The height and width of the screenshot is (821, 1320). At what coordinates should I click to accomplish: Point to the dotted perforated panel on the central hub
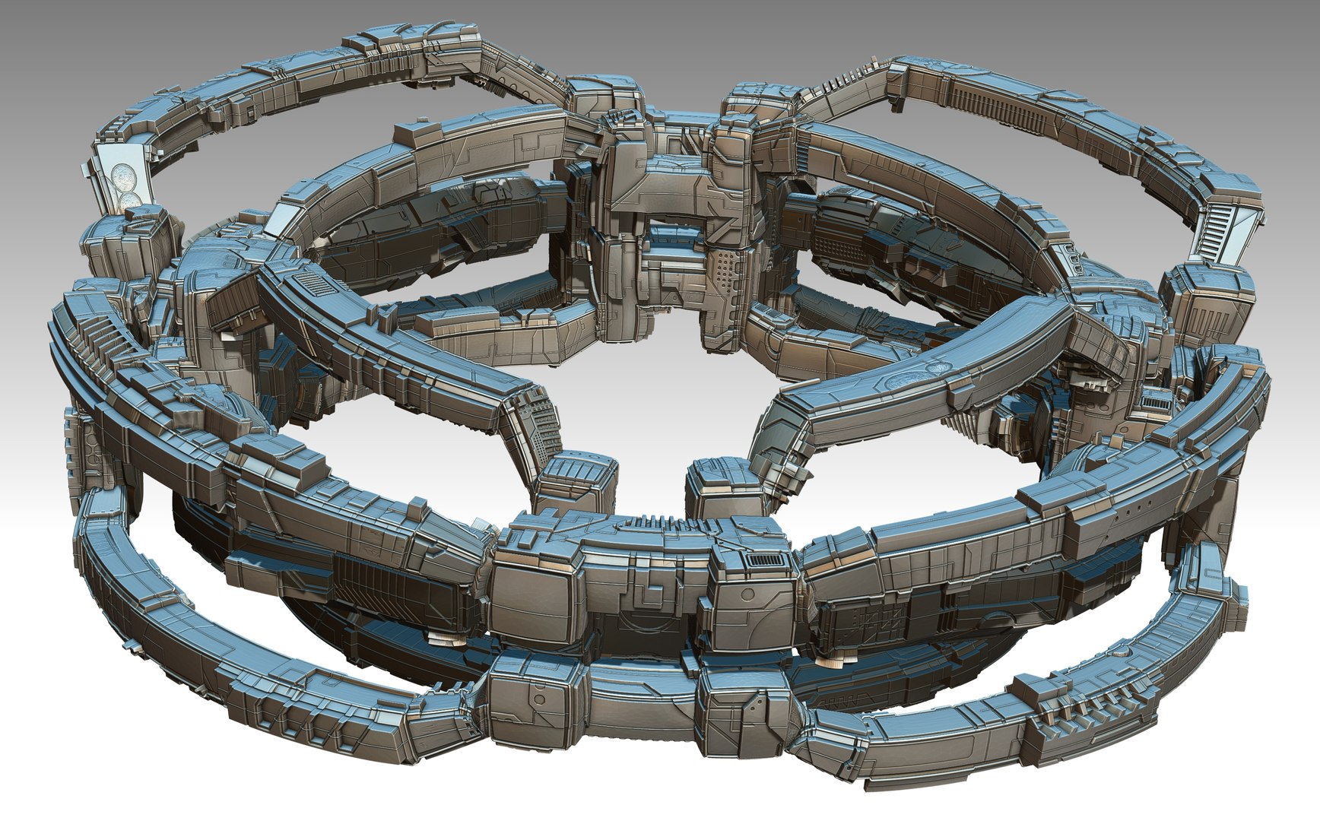pyautogui.click(x=727, y=273)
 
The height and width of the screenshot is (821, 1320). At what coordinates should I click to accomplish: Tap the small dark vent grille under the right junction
pyautogui.click(x=1156, y=401)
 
